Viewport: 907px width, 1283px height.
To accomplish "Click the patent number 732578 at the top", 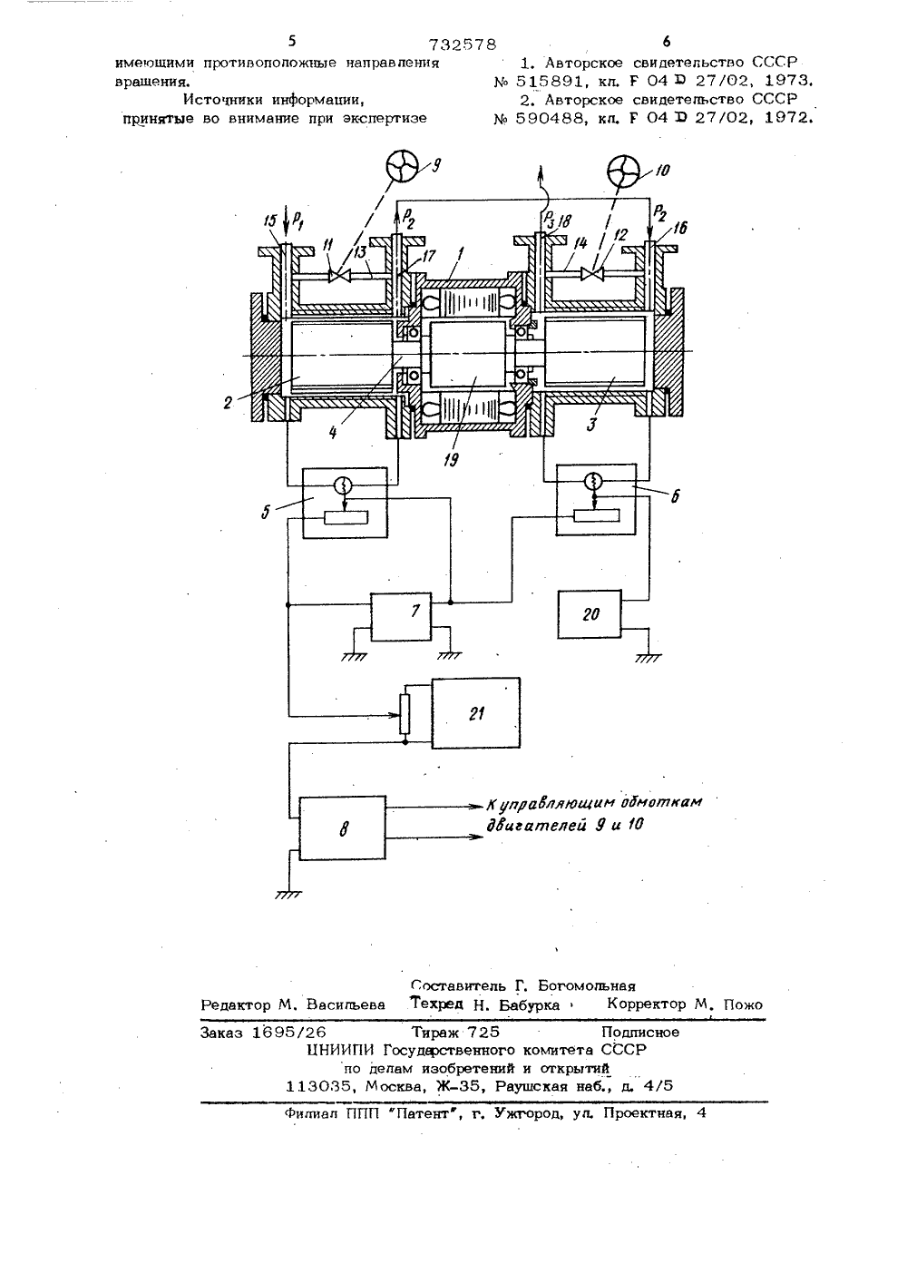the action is point(463,44).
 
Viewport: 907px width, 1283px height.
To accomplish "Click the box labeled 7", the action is point(401,617).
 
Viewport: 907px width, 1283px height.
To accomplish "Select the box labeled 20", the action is point(590,614).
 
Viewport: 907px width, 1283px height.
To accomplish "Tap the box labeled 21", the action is point(476,712).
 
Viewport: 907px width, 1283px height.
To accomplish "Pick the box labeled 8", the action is point(343,828).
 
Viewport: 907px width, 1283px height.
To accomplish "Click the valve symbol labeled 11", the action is point(336,277).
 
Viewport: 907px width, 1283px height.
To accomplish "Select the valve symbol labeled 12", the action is point(590,274).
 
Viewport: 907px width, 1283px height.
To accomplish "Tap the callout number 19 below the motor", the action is point(451,459).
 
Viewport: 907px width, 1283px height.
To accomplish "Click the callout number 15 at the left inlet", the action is point(271,220).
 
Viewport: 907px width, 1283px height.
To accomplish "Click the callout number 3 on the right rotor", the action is point(592,425).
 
